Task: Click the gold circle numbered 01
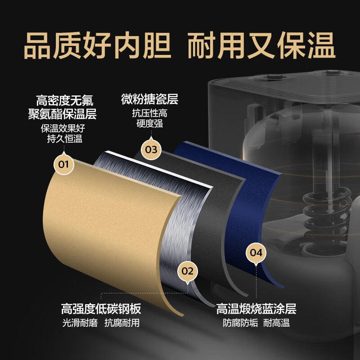click(64, 164)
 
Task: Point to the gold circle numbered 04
click(256, 253)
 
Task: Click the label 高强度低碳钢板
click(101, 309)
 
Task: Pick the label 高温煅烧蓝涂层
click(256, 309)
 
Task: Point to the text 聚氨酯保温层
click(62, 114)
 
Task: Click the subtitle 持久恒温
click(65, 139)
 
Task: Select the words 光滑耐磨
click(80, 323)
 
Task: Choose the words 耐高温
click(276, 323)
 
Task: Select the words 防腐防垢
click(241, 323)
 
